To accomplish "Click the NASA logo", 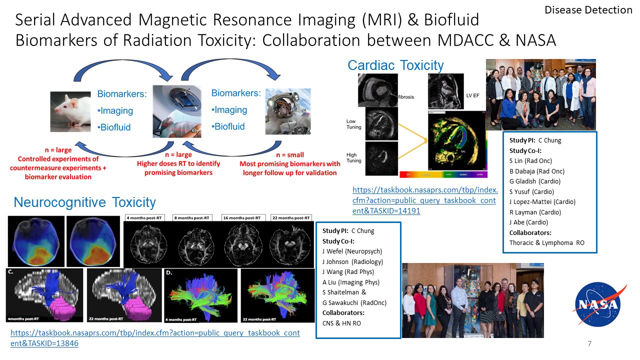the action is [597, 303].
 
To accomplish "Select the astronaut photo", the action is [287, 111].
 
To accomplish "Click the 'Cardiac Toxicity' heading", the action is [395, 65].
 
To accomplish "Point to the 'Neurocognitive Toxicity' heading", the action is [84, 202].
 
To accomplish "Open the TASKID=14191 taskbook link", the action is [425, 200].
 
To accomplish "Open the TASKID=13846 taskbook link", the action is [155, 338].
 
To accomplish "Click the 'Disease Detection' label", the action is [588, 10].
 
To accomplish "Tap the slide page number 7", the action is [589, 344].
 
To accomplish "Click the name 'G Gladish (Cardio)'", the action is [535, 181].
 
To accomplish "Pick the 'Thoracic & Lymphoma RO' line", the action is [546, 243].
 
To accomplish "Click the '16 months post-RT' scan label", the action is [242, 218].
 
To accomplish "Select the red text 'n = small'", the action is [289, 155].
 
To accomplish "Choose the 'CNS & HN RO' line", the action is [341, 323].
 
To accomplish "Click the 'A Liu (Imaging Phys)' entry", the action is [350, 282].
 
